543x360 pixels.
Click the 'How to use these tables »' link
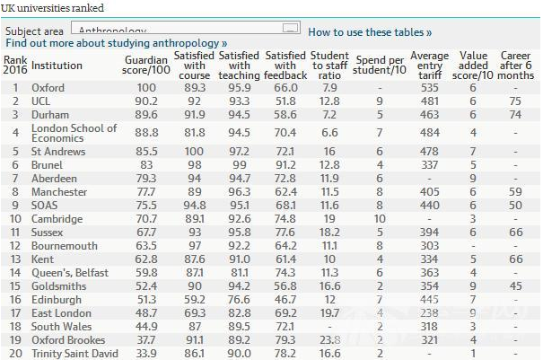pos(370,32)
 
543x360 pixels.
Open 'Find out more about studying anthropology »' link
pos(116,43)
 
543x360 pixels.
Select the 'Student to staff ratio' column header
pos(329,65)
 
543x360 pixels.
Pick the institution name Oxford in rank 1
pos(48,88)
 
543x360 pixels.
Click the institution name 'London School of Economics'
pos(74,134)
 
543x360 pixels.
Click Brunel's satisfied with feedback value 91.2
pos(286,165)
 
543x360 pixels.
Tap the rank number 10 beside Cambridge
pos(14,218)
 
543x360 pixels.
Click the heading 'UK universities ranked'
pos(53,8)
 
